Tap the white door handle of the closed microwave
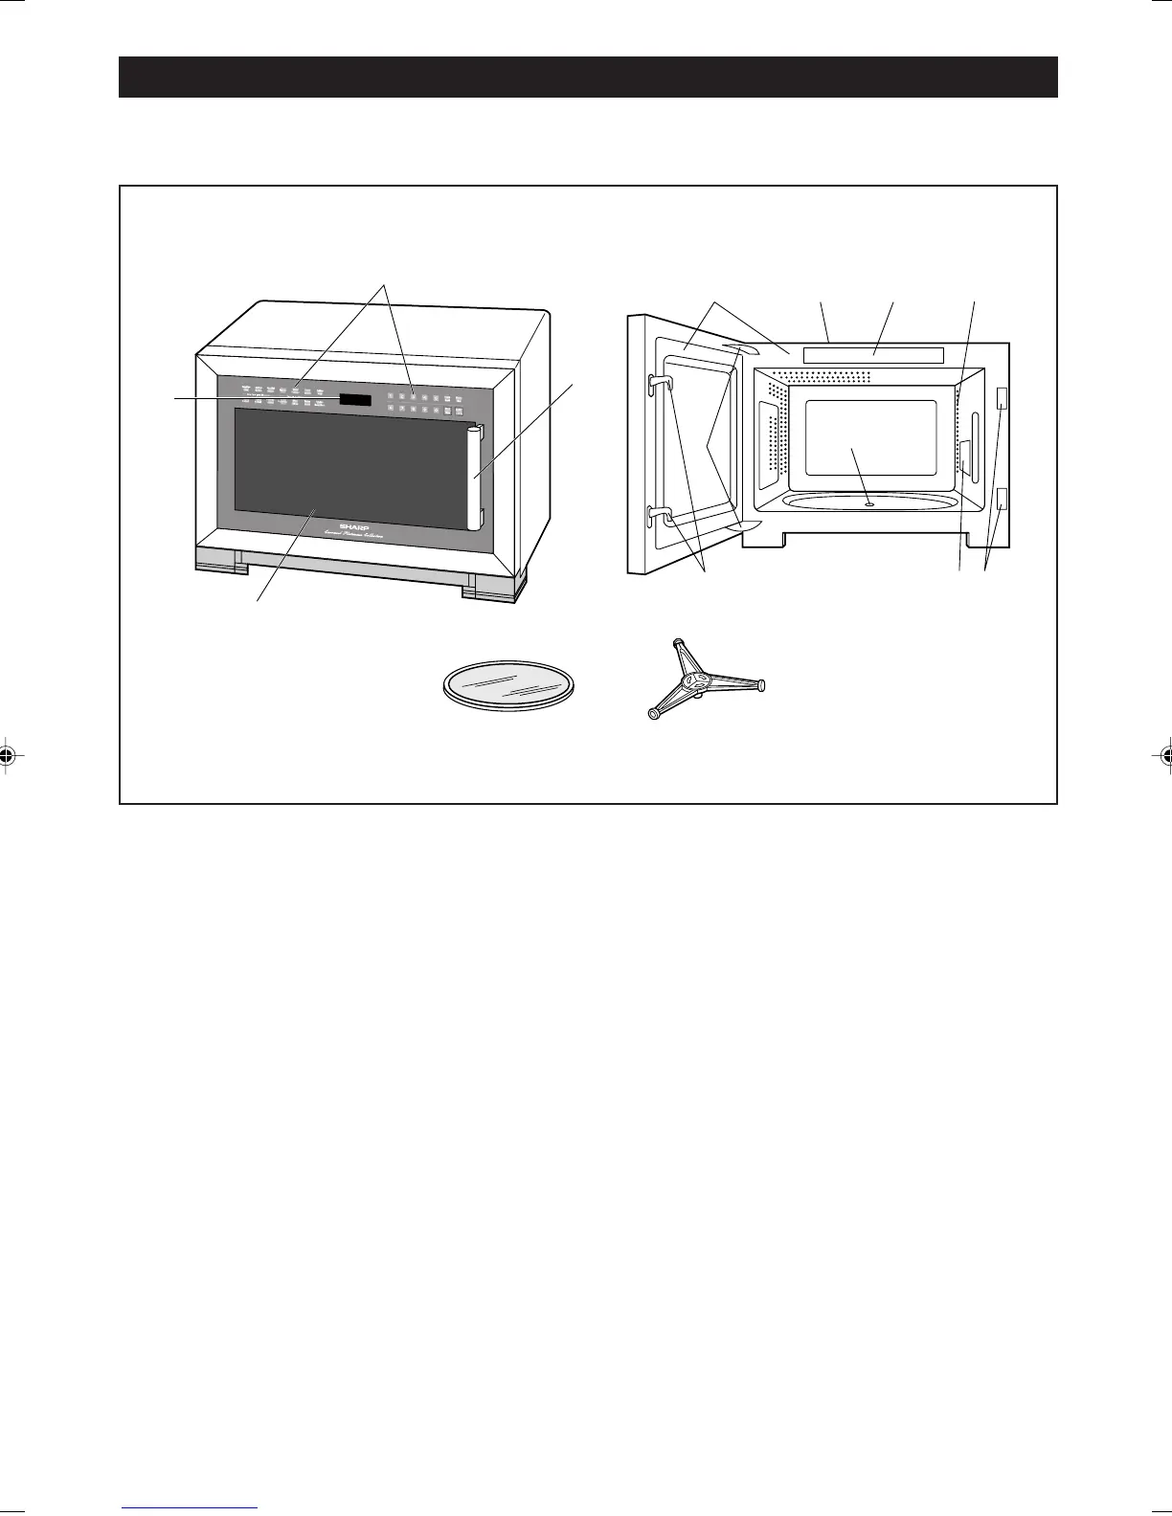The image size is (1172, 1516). click(x=473, y=479)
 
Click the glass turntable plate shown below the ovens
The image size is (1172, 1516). click(x=513, y=687)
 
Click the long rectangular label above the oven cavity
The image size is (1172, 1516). click(x=872, y=355)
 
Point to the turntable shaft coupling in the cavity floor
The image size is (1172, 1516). click(x=868, y=501)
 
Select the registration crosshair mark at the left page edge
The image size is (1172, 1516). click(x=8, y=755)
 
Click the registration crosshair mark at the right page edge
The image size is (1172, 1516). click(x=1163, y=755)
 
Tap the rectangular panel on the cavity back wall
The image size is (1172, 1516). click(x=869, y=437)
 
